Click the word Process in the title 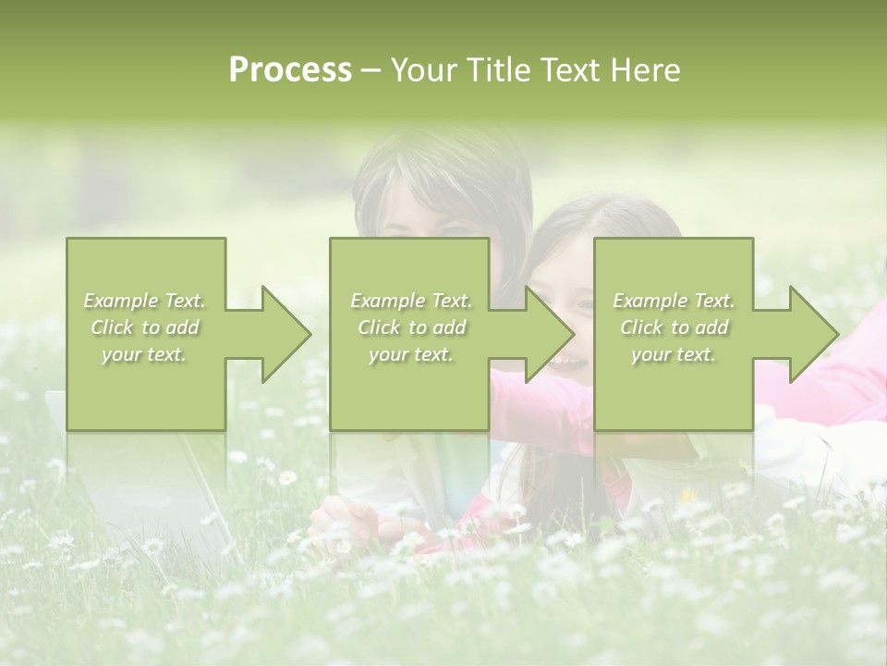[290, 70]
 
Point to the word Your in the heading [427, 70]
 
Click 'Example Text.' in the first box [145, 301]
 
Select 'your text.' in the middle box [410, 354]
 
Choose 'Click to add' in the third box [674, 327]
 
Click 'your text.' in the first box [145, 354]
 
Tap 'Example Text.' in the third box [674, 301]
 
